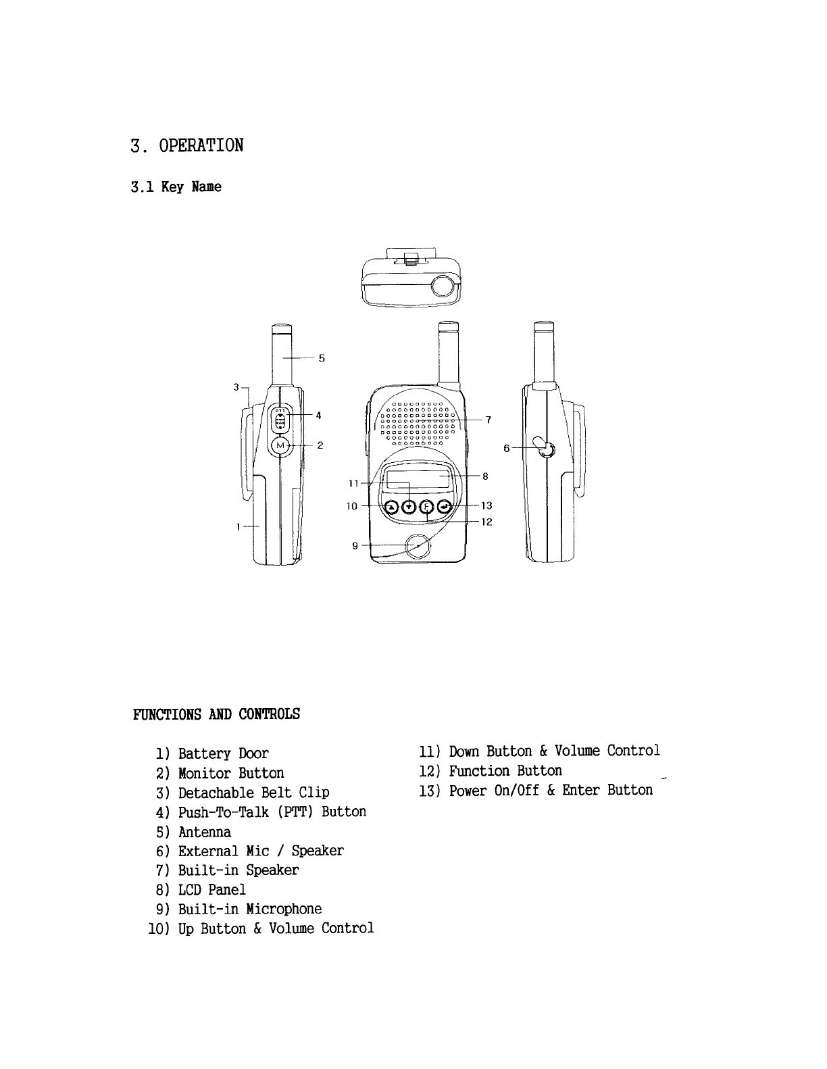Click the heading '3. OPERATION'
tap(186, 145)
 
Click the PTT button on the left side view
tap(281, 420)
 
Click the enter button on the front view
tap(445, 507)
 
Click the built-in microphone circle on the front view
tap(418, 546)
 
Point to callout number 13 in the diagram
tap(487, 505)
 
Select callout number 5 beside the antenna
tap(322, 359)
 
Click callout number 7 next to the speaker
tap(488, 420)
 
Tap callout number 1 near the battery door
tap(239, 526)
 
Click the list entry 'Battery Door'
tap(223, 753)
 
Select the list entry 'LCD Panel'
tap(211, 890)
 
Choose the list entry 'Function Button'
tap(505, 771)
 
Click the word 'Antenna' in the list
tap(205, 832)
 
